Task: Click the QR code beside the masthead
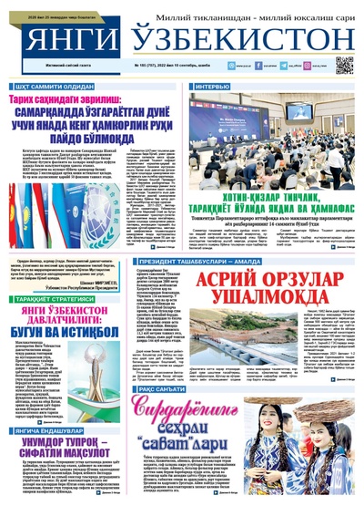pyautogui.click(x=343, y=64)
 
